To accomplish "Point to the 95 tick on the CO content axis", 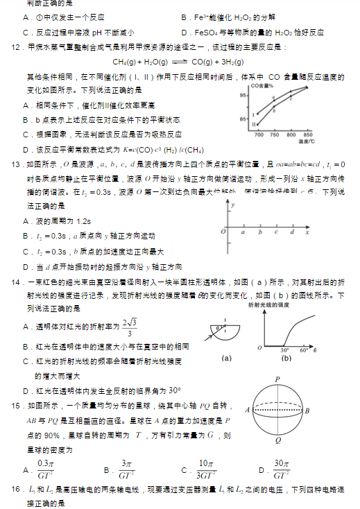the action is click(x=243, y=95).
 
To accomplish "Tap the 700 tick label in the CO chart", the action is click(x=259, y=135).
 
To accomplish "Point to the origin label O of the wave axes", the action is click(x=223, y=231).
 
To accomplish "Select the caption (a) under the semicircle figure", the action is click(x=225, y=359).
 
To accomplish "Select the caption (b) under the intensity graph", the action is click(x=286, y=359).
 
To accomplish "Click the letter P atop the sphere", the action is click(x=277, y=379).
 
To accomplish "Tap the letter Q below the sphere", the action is click(x=277, y=440).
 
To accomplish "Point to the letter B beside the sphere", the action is click(x=308, y=411).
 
